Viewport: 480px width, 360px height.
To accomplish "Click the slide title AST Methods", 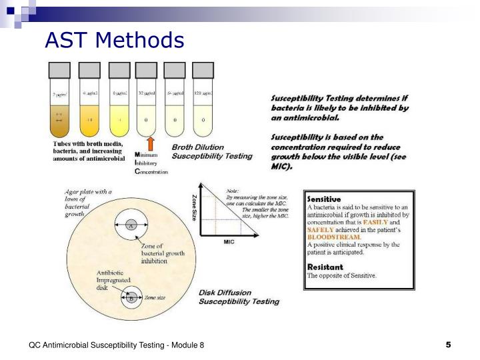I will point(114,41).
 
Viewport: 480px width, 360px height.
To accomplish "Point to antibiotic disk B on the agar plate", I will point(131,298).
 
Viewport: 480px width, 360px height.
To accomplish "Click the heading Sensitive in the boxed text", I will point(323,199).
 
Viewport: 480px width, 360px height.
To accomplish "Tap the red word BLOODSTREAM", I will point(334,236).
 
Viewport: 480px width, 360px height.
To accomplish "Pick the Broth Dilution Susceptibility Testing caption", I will point(212,151).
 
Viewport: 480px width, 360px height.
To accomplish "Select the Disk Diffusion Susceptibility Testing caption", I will point(239,297).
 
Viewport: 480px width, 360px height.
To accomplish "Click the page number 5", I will point(448,345).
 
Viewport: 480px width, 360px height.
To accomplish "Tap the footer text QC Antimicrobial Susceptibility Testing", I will point(116,345).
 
